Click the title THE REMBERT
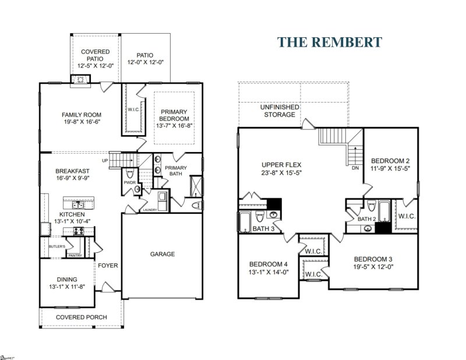pos(329,42)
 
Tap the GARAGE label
pos(163,254)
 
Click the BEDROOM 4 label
pos(269,262)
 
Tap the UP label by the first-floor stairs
pos(105,160)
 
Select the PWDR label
pos(129,182)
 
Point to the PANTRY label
pos(75,255)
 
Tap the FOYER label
pos(108,266)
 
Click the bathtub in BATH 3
pos(245,221)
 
